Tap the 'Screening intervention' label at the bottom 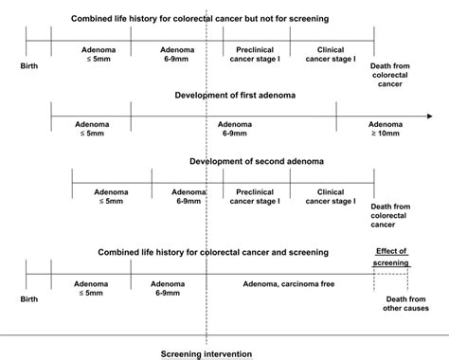pos(207,354)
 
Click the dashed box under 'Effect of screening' pos(390,280)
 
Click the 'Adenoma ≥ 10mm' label pos(385,129)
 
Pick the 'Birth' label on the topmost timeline pos(30,65)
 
